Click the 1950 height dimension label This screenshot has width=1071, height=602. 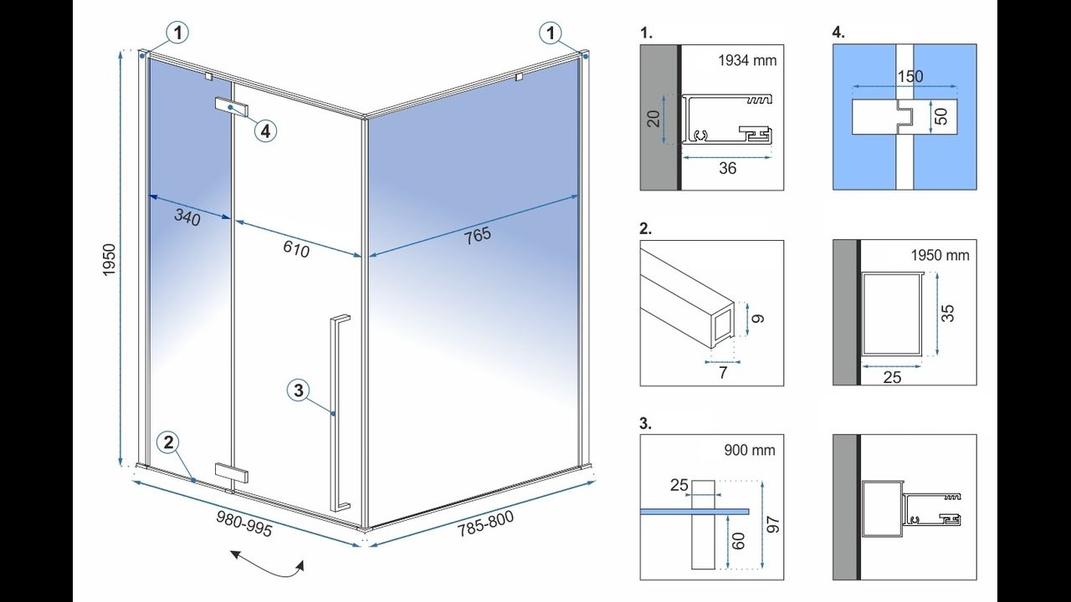pos(109,263)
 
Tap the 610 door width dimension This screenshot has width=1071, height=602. pos(297,249)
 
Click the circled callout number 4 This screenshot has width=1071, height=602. pos(264,131)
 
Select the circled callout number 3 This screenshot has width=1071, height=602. pos(300,390)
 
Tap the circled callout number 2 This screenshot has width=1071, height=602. pos(169,443)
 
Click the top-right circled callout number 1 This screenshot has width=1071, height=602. pos(550,33)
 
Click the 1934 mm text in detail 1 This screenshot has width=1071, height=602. pos(747,60)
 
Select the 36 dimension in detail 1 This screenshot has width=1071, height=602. pos(728,168)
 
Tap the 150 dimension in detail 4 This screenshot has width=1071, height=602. pos(910,76)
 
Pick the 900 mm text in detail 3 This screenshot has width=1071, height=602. pos(749,450)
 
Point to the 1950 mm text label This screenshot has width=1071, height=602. pos(941,255)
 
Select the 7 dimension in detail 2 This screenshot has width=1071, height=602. pos(723,373)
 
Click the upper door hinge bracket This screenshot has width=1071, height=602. pos(233,107)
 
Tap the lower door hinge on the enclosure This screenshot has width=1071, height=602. pos(231,472)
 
